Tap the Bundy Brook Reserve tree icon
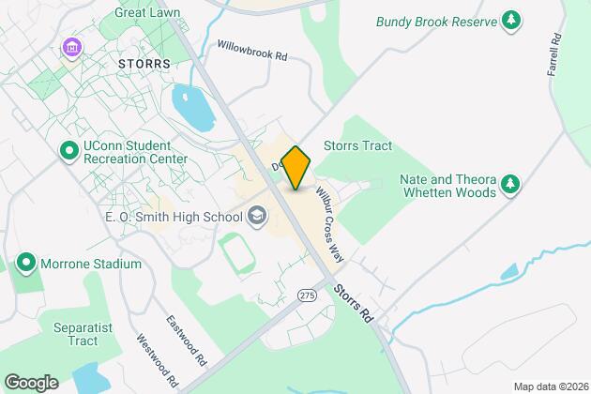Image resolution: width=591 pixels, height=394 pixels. (510, 20)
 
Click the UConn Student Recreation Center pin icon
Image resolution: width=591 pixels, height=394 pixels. (68, 150)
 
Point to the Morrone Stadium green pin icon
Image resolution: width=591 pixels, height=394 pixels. (25, 264)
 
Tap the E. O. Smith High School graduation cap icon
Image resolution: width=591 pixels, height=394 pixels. (253, 217)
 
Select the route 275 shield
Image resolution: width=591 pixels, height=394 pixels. (306, 295)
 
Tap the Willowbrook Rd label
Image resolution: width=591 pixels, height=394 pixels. (251, 50)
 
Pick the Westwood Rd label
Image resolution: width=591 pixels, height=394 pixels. (157, 361)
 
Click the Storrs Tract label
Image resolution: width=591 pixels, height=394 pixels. (357, 145)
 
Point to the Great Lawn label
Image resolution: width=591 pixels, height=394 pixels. (147, 12)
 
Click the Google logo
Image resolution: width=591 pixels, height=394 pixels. (31, 382)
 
